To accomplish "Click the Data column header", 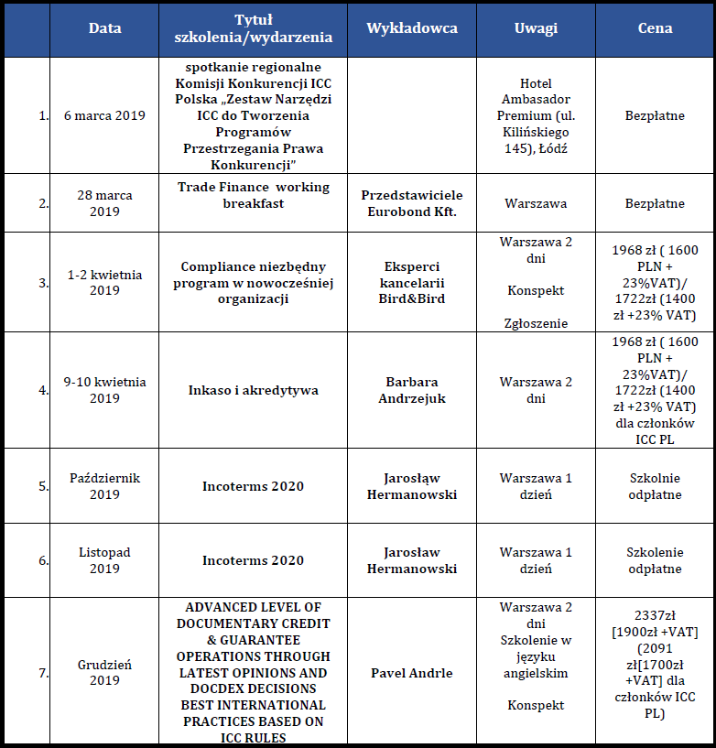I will (x=104, y=28).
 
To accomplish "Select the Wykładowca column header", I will (x=411, y=28).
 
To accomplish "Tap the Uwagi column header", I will (x=536, y=28).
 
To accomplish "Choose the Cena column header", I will (x=655, y=28).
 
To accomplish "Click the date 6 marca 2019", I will (x=104, y=116).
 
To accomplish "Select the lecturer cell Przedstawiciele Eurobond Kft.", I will (x=411, y=203).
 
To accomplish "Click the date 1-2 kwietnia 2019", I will (x=104, y=283).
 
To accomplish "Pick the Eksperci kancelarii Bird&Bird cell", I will (x=411, y=283).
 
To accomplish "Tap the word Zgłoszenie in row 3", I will (x=536, y=323).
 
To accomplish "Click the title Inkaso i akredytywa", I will (x=253, y=390).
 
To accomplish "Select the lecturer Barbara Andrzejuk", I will (x=411, y=390).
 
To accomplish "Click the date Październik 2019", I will (x=104, y=486).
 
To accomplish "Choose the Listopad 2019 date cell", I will (x=104, y=560).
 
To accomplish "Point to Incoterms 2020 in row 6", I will (x=253, y=560).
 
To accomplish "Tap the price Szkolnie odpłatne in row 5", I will (x=655, y=486).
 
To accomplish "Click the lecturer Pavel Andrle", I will (x=411, y=673).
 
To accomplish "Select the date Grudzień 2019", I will (x=104, y=673).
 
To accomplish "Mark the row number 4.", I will (x=43, y=390).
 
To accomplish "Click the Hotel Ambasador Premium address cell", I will (x=536, y=116).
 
